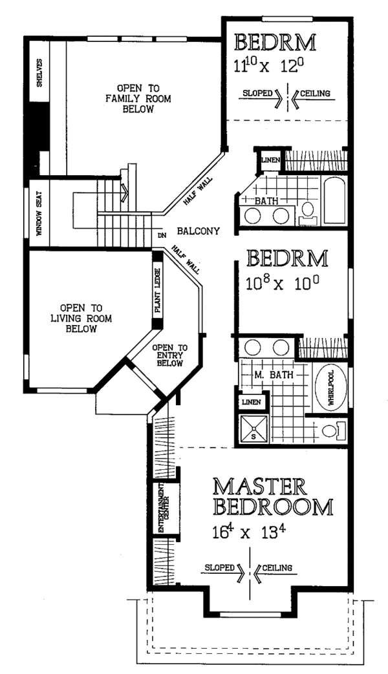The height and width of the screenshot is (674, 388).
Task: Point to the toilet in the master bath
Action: click(330, 428)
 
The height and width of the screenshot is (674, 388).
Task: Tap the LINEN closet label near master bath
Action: click(251, 402)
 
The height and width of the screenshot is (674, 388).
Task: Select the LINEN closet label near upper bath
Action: click(269, 160)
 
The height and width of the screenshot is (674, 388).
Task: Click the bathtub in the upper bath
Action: click(334, 196)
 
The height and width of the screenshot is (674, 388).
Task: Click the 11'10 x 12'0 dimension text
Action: click(268, 65)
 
